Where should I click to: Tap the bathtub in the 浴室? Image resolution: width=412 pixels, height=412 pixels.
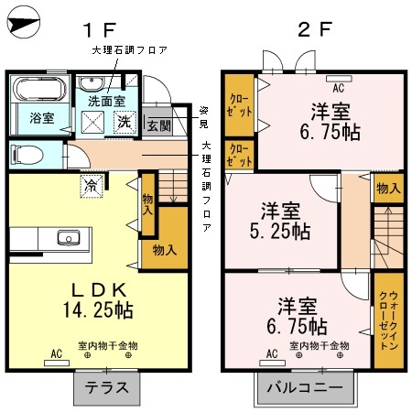tap(37, 90)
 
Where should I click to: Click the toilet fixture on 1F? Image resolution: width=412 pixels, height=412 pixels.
tap(26, 152)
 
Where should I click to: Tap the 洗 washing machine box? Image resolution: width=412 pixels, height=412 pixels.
tap(122, 119)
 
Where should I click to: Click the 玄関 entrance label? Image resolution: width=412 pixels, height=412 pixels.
tap(157, 125)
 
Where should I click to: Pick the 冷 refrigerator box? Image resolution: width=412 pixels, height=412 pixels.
tap(92, 183)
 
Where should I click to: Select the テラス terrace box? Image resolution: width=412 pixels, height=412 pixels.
tap(106, 388)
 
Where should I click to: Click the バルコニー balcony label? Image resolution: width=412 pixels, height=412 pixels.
tap(305, 388)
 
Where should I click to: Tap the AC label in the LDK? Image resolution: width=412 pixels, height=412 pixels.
tap(57, 353)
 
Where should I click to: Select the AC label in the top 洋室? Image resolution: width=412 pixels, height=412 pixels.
tap(338, 89)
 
